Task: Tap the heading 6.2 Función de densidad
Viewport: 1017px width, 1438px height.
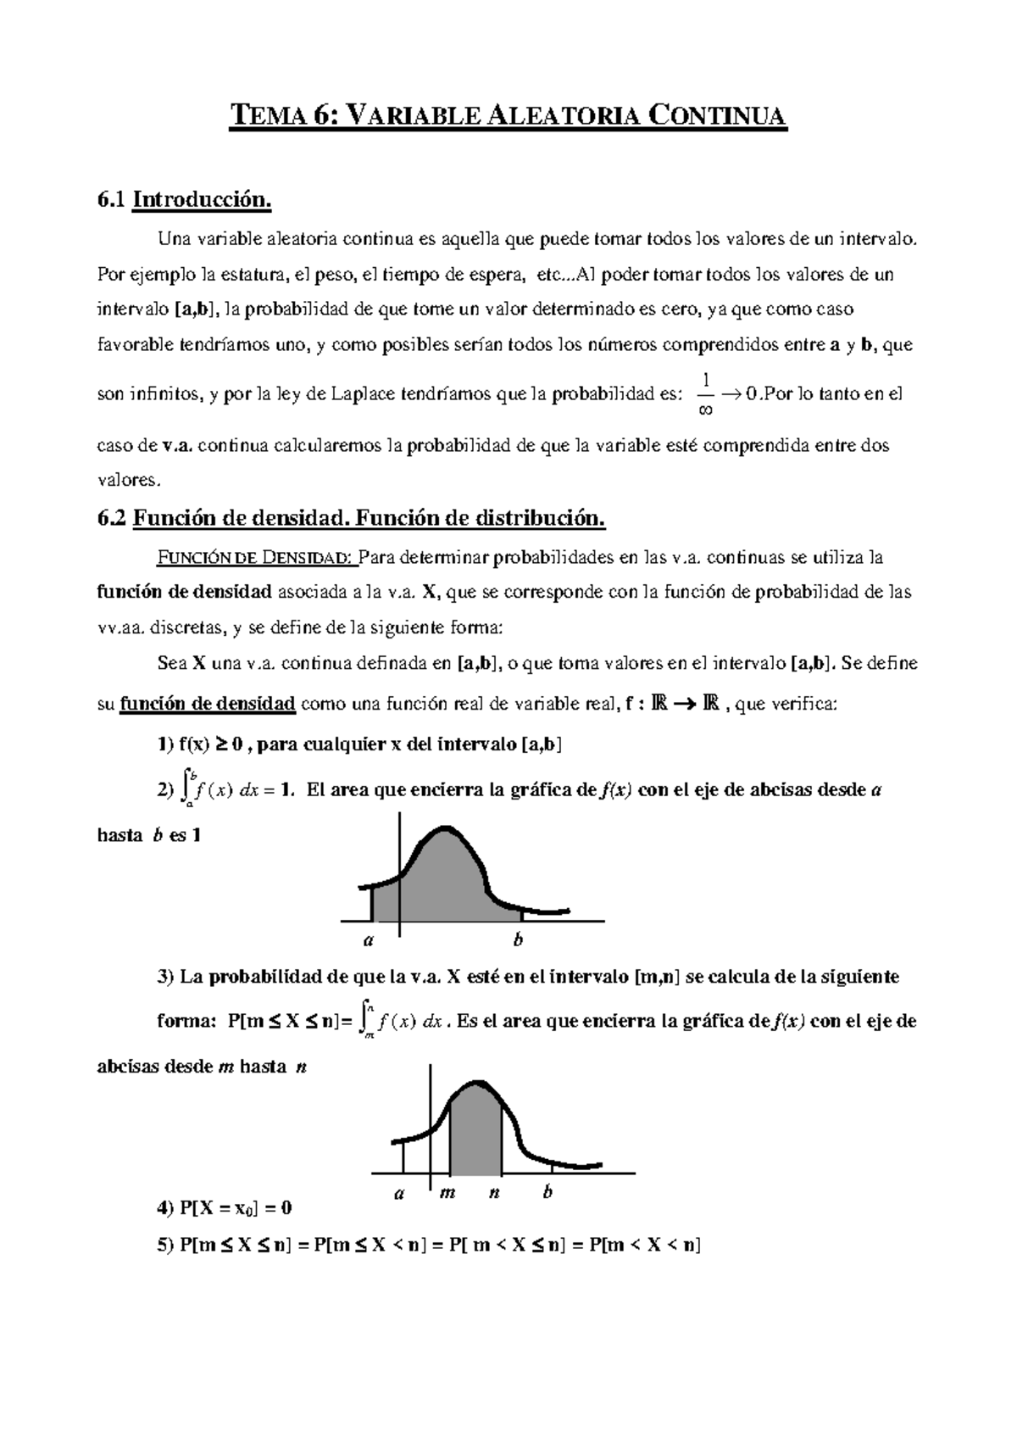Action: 351,518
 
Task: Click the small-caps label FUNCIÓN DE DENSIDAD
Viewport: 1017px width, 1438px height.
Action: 255,558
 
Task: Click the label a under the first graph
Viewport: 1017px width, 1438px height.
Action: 368,940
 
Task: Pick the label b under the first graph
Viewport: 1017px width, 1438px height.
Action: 518,940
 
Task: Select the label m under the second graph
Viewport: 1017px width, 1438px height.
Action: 448,1194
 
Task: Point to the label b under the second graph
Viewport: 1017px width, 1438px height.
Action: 547,1193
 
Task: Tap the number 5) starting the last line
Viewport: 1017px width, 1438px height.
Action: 167,1246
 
